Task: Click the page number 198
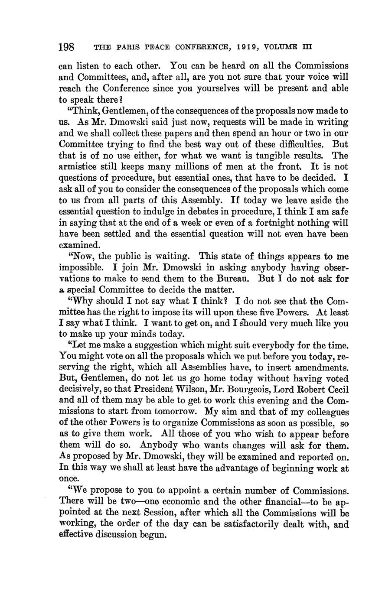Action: (67, 46)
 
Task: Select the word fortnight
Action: (238, 223)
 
